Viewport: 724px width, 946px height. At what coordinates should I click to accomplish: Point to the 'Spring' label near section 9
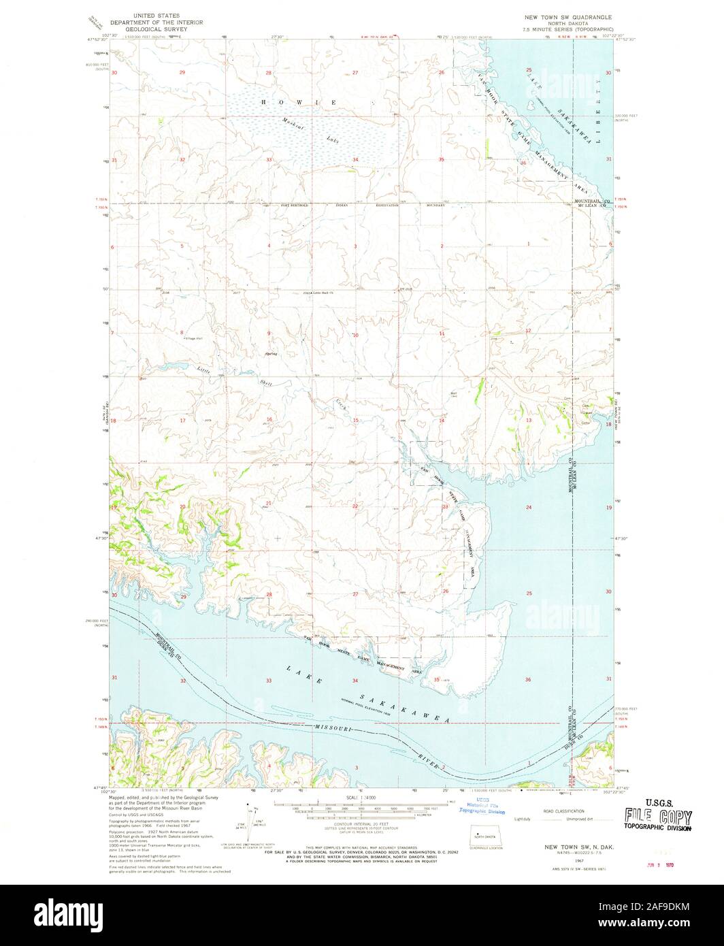click(x=271, y=354)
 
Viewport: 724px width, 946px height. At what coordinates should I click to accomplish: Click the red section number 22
click(x=355, y=506)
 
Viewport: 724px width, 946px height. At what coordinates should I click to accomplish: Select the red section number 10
click(x=355, y=336)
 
